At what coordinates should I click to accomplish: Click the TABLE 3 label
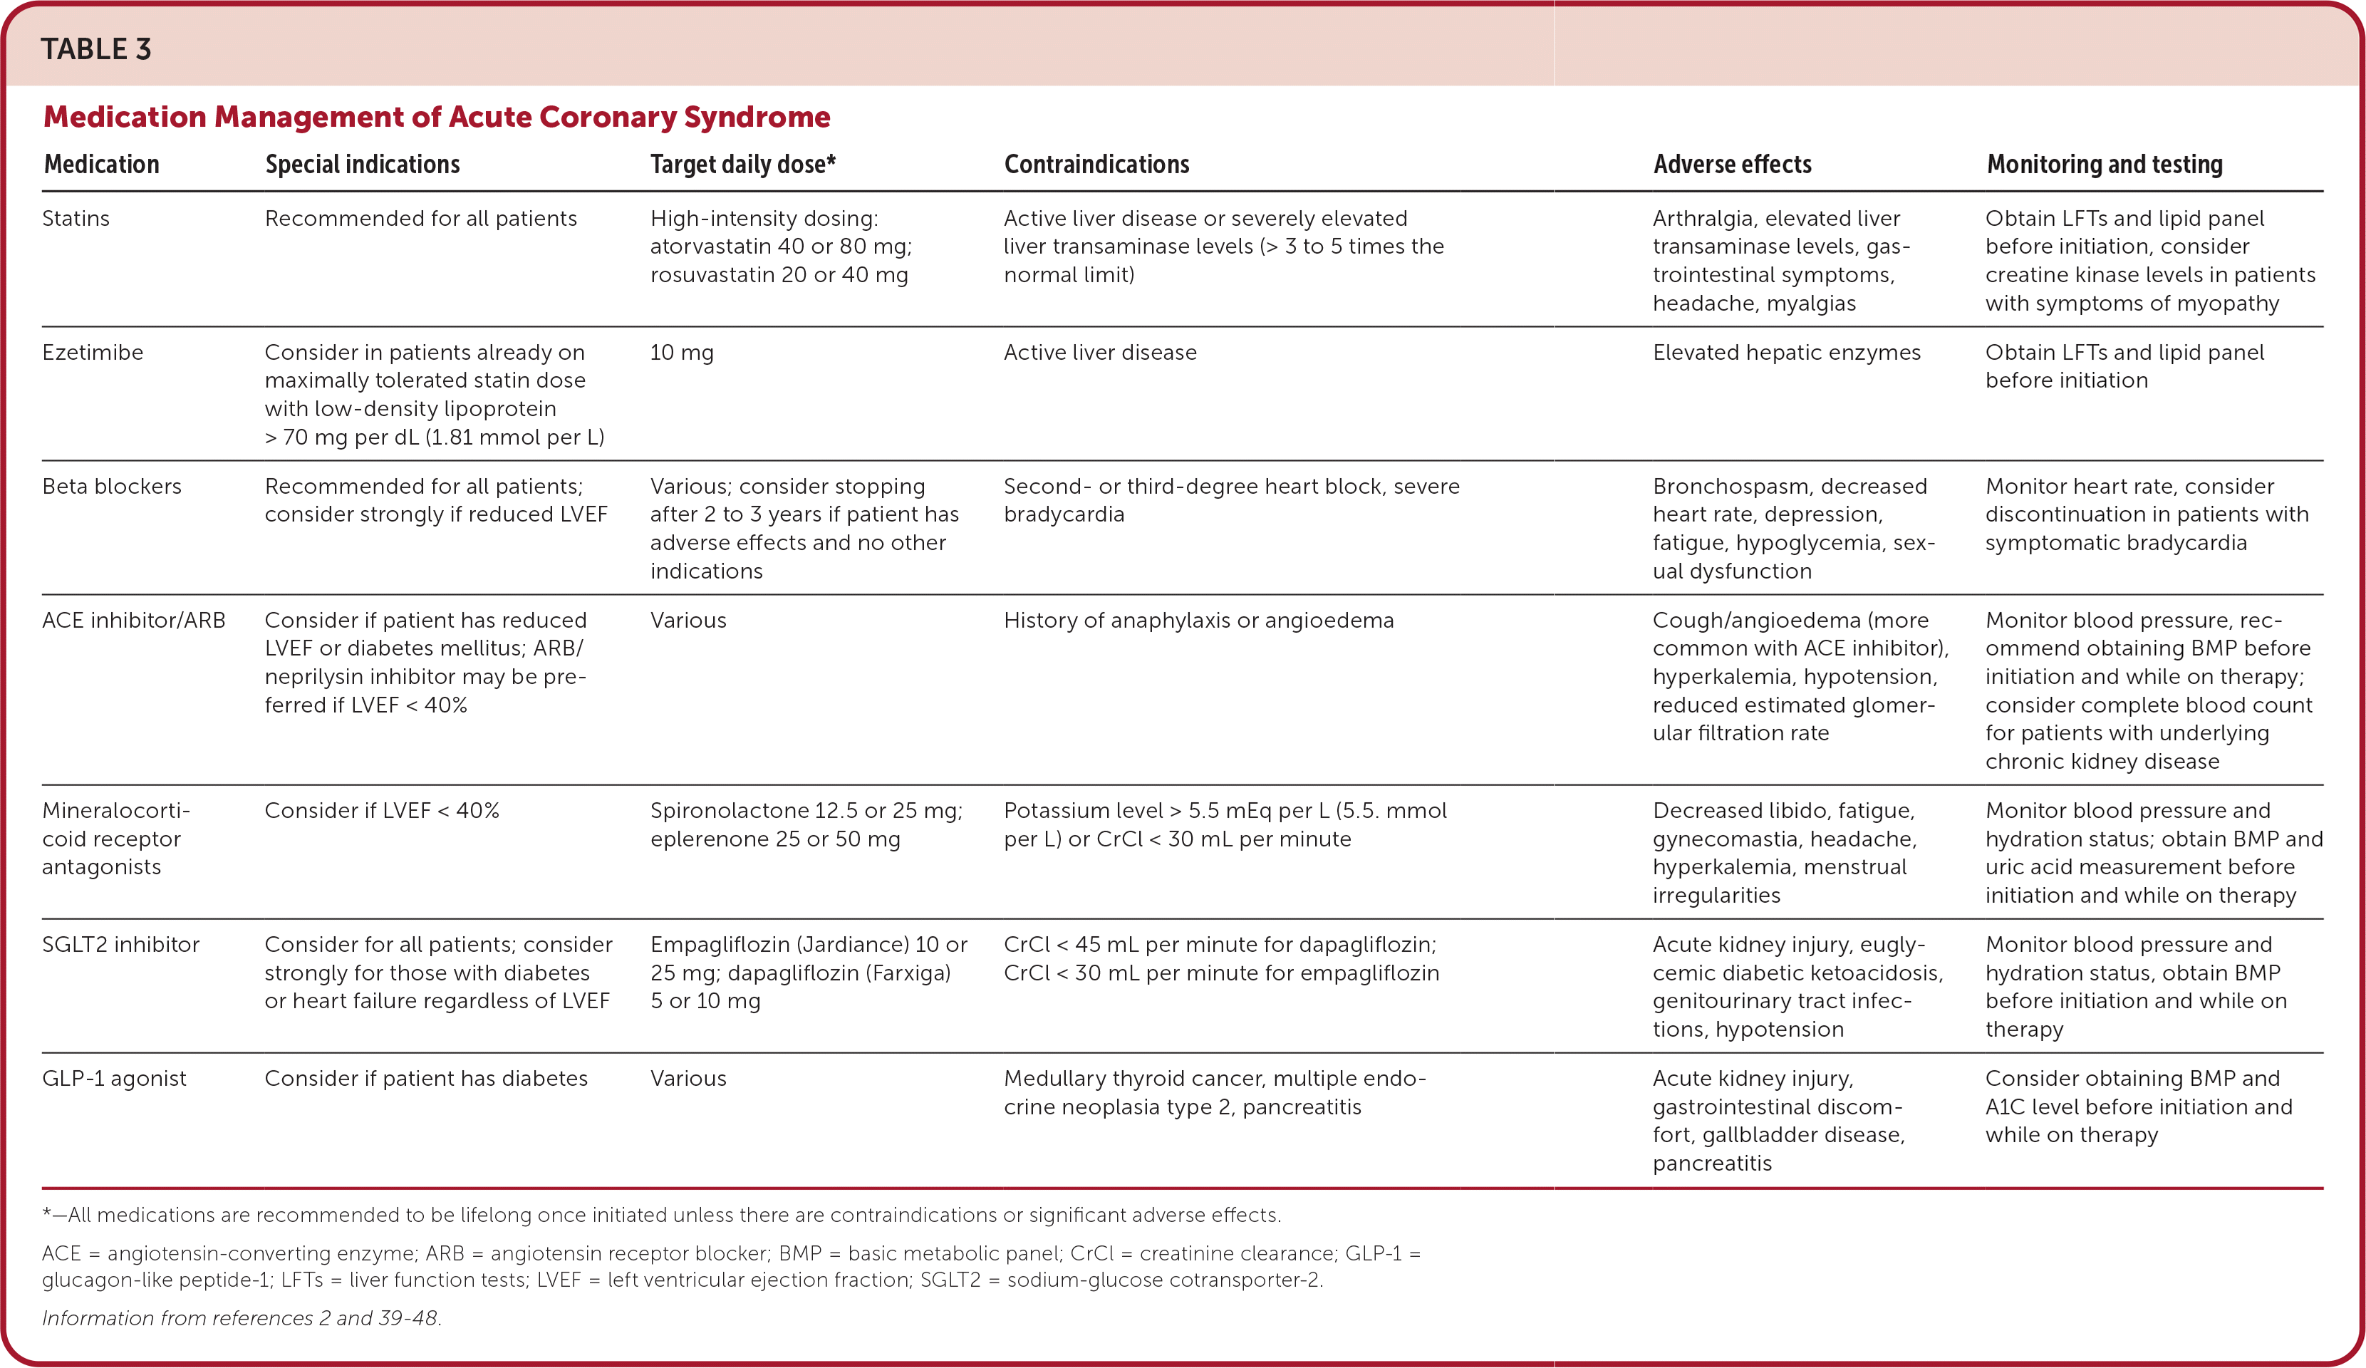pos(95,49)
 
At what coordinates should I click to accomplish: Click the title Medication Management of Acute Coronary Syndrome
pos(437,116)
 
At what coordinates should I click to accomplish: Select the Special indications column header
pos(363,165)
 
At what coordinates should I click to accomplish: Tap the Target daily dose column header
pos(742,165)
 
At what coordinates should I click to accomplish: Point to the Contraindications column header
pos(1096,165)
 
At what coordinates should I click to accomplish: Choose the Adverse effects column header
pos(1732,165)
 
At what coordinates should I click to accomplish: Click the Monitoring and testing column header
pos(2104,165)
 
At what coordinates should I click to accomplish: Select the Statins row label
pos(76,219)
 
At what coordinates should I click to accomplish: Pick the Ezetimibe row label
pos(93,352)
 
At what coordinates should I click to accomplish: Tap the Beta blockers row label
pos(112,487)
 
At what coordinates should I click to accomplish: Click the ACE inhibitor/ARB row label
pos(134,621)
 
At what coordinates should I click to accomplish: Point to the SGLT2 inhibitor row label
pos(121,945)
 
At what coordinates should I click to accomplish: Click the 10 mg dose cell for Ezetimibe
pos(682,352)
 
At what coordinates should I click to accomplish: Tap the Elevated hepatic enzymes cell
pos(1787,352)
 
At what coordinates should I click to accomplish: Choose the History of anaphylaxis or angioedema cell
pos(1199,621)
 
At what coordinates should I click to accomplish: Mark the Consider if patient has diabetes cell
pos(426,1079)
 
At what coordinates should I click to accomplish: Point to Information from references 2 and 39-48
pos(242,1318)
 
